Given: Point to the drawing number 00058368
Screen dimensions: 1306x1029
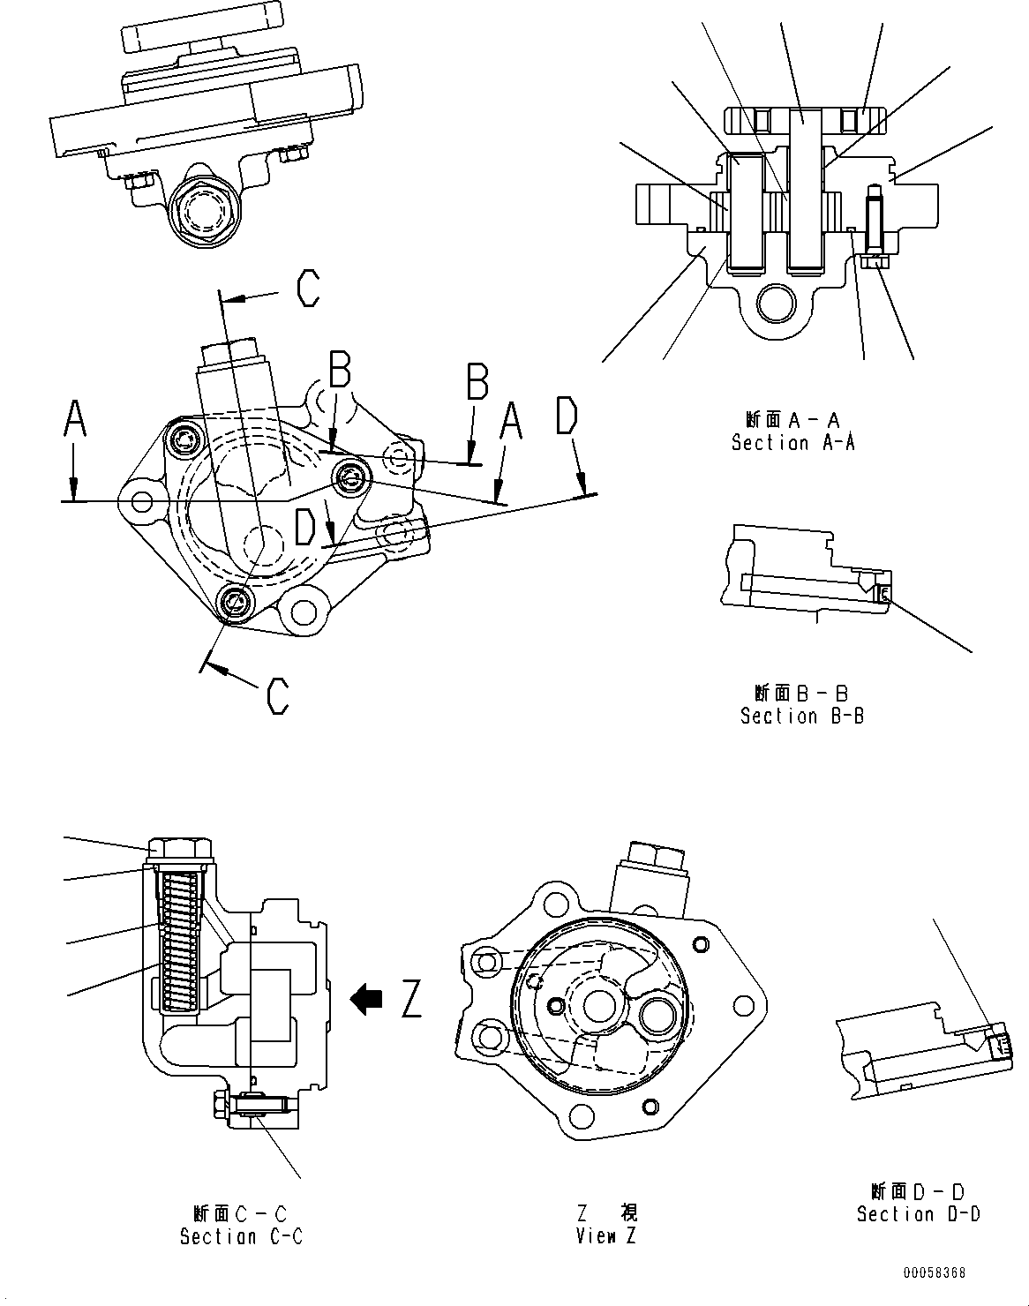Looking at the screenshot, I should click(x=934, y=1273).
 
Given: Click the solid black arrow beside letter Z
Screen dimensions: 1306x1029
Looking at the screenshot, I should click(x=366, y=998).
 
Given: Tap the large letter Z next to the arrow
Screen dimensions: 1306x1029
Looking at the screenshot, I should click(x=412, y=999).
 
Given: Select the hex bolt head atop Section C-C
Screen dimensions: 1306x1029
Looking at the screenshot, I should click(x=181, y=849).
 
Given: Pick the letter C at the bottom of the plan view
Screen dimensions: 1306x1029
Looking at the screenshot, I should click(x=278, y=695).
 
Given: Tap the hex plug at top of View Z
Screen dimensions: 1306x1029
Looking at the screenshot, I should click(x=654, y=857).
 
